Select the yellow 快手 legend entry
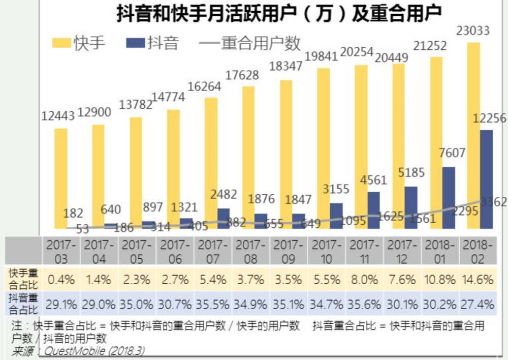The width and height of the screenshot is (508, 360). (79, 43)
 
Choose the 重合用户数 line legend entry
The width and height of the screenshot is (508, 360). (249, 43)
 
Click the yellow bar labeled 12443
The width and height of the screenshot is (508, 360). (61, 178)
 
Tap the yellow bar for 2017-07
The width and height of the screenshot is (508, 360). (211, 163)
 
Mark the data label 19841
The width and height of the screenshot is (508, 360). (324, 56)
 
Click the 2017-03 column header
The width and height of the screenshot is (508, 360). (61, 251)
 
